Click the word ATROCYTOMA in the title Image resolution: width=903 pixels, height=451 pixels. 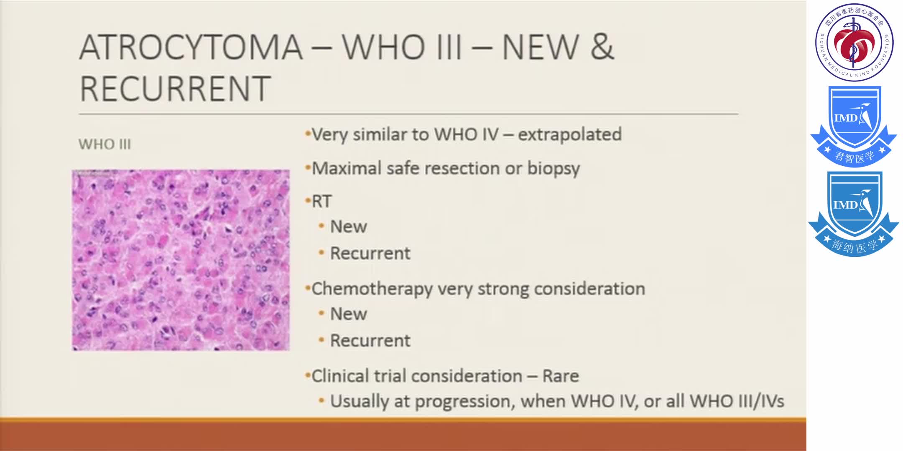[191, 47]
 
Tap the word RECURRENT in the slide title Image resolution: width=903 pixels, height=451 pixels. [175, 89]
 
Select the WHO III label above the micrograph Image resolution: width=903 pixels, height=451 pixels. [105, 144]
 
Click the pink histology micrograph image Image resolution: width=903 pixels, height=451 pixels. [181, 260]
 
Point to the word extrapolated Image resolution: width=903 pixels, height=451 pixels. [569, 135]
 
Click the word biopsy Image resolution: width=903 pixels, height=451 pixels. [553, 169]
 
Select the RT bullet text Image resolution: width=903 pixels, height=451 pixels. [321, 202]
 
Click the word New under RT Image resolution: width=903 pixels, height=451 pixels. [348, 227]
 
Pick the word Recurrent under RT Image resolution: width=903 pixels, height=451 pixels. [370, 253]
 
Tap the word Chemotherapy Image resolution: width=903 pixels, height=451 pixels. [372, 289]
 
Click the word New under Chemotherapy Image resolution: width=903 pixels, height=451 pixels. [348, 314]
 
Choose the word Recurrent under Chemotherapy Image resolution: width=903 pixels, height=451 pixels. [370, 341]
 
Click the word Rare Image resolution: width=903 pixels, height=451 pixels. [560, 376]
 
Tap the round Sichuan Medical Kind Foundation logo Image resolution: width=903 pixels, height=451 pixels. [854, 42]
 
